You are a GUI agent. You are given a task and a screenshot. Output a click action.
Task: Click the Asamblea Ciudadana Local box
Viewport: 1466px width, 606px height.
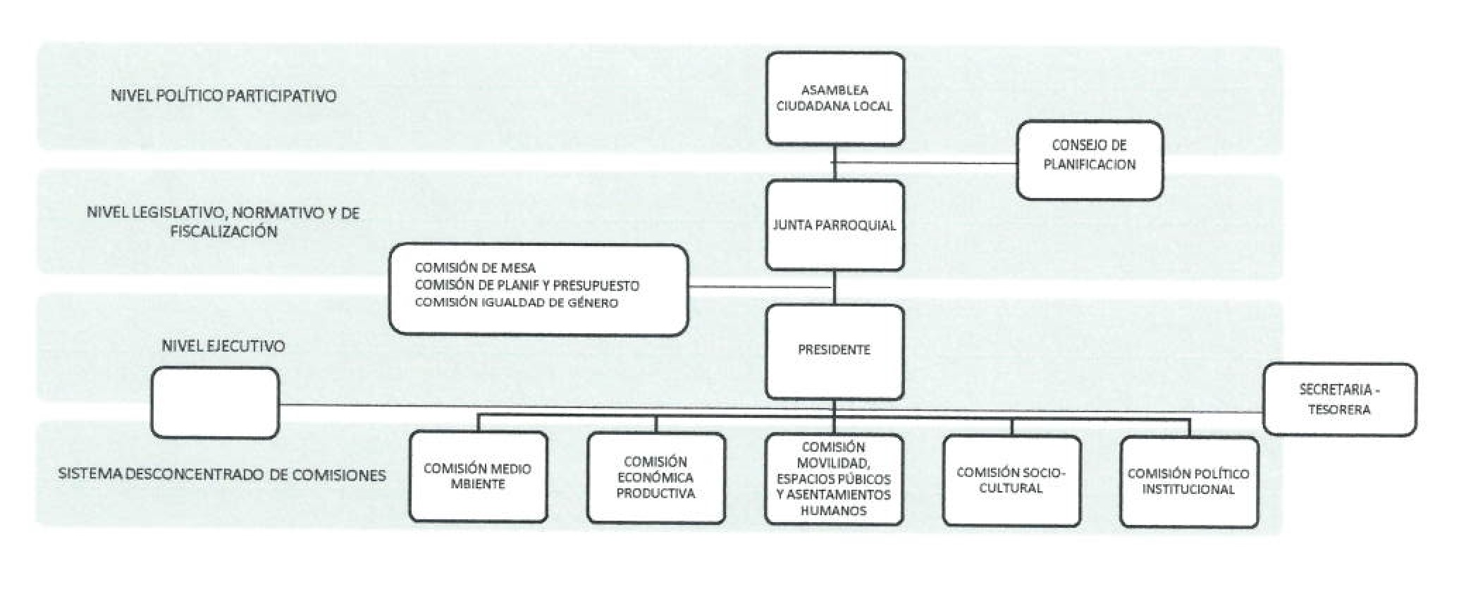pyautogui.click(x=835, y=99)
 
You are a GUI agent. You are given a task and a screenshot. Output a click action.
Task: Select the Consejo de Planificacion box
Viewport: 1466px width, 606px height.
pyautogui.click(x=1089, y=160)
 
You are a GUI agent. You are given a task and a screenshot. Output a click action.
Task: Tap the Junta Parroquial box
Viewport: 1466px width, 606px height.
pyautogui.click(x=834, y=225)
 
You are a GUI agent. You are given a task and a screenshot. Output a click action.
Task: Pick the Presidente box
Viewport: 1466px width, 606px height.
pyautogui.click(x=834, y=350)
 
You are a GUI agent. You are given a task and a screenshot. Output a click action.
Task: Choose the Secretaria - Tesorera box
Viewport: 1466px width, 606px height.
pyautogui.click(x=1338, y=400)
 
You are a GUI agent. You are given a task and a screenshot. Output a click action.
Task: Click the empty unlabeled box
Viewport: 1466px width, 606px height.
pyautogui.click(x=215, y=403)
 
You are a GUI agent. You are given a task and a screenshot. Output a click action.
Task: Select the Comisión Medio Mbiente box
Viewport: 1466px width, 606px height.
pyautogui.click(x=478, y=477)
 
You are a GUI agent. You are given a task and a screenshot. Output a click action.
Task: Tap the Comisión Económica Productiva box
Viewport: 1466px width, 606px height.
pyautogui.click(x=655, y=478)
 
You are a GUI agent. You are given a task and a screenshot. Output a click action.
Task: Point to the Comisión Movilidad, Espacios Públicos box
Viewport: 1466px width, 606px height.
pyautogui.click(x=834, y=479)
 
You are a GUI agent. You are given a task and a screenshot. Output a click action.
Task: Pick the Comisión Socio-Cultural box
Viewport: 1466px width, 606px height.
pyautogui.click(x=1011, y=481)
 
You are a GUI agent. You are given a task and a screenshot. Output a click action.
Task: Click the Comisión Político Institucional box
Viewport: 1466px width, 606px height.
pyautogui.click(x=1189, y=482)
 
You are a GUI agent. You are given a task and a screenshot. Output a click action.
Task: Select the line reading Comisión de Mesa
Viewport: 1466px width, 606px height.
pyautogui.click(x=475, y=268)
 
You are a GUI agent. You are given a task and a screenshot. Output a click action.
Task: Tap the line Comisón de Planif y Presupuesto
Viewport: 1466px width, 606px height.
pyautogui.click(x=526, y=285)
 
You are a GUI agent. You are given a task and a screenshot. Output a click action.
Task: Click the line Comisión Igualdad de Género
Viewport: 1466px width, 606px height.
pyautogui.click(x=516, y=303)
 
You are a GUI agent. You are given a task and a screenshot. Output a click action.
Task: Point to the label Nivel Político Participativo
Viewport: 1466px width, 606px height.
pyautogui.click(x=223, y=96)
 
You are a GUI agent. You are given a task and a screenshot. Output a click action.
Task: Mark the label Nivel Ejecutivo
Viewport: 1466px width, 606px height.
pyautogui.click(x=223, y=346)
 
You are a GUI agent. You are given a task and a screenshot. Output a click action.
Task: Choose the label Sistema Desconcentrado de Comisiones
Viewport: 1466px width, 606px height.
pyautogui.click(x=222, y=475)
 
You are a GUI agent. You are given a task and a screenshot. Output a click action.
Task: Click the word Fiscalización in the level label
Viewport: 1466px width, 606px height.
pyautogui.click(x=223, y=232)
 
